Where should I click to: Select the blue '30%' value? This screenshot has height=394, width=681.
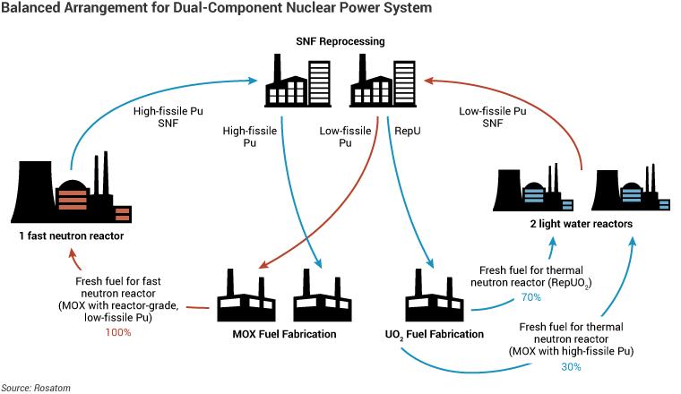pyautogui.click(x=572, y=366)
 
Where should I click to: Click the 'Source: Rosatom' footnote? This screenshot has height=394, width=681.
pyautogui.click(x=37, y=387)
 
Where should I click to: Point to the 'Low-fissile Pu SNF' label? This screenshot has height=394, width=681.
pyautogui.click(x=491, y=117)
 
